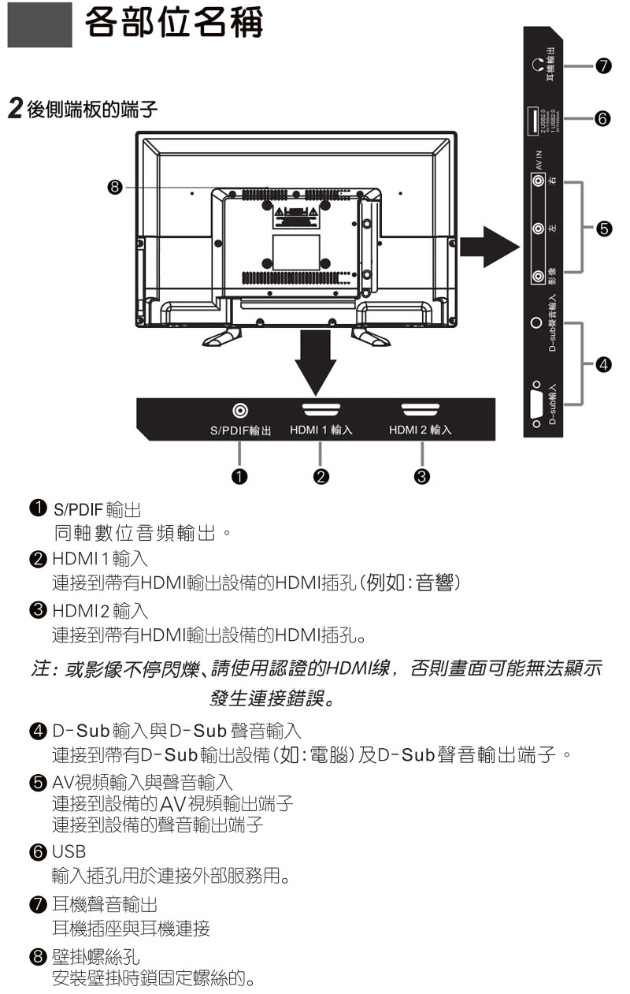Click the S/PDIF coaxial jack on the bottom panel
click(240, 411)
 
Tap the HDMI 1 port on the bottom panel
click(321, 409)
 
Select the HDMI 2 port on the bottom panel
click(421, 409)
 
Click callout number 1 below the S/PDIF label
click(239, 476)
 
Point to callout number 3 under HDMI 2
click(421, 476)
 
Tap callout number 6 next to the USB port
click(602, 119)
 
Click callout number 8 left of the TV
click(115, 188)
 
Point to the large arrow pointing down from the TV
click(314, 359)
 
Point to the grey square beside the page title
click(39, 25)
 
